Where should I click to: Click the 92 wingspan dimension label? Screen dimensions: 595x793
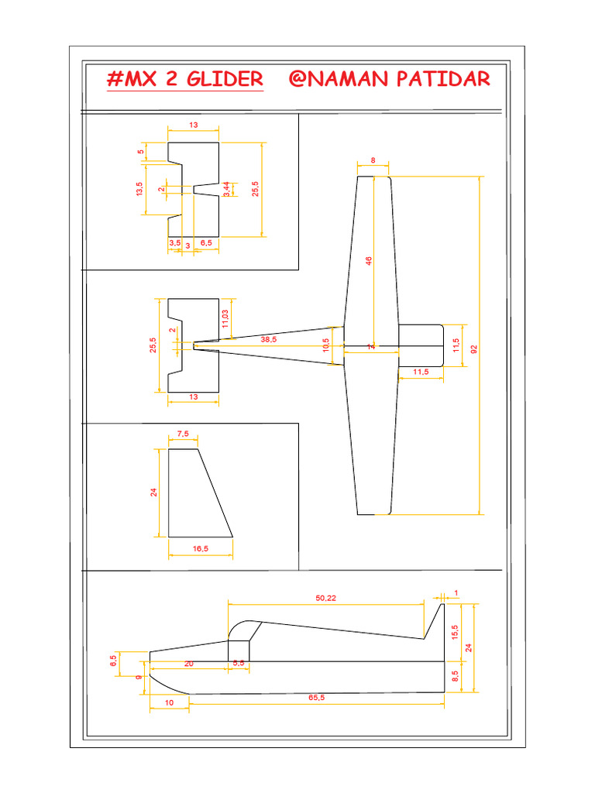coord(473,348)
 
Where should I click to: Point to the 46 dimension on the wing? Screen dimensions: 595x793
coord(369,261)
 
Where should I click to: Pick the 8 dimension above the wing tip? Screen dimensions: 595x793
coord(373,160)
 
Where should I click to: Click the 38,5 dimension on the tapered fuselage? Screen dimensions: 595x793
coord(269,339)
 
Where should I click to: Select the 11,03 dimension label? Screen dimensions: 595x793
coord(225,318)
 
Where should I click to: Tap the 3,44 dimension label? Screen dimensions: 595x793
coord(225,190)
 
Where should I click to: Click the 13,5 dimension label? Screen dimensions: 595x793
coord(139,189)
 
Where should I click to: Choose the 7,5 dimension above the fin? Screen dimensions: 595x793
coord(182,434)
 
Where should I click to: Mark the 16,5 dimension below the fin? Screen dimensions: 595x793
coord(200,548)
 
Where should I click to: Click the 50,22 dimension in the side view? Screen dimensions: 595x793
coord(326,597)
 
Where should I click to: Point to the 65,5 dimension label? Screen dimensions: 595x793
coord(315,697)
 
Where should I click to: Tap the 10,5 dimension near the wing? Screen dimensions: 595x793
coord(326,344)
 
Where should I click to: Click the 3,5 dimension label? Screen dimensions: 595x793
coord(174,243)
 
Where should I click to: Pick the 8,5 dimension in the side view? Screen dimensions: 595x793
coord(455,676)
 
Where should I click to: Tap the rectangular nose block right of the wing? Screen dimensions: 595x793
coord(419,345)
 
